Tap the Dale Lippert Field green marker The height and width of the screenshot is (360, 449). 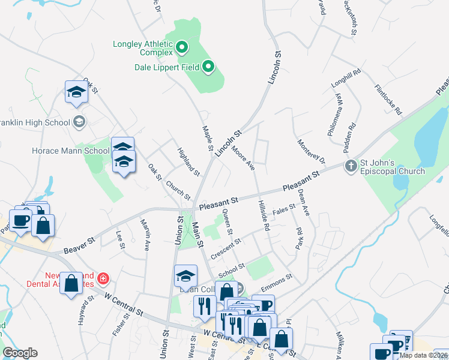pos(208,66)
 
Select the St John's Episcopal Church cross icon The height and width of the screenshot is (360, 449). pos(350,165)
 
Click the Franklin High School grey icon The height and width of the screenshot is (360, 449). pos(79,122)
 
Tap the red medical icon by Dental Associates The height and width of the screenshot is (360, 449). pos(103,278)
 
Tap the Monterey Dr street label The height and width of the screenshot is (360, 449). pos(311,152)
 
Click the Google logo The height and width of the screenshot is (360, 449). pos(20,353)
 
